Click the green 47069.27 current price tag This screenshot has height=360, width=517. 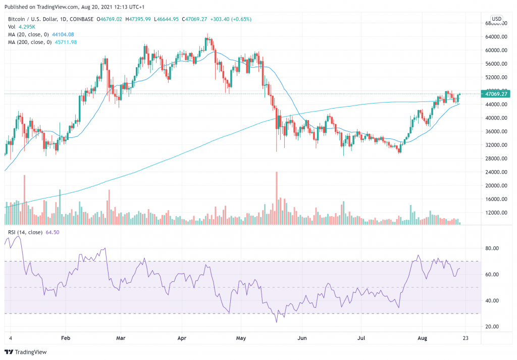(496, 94)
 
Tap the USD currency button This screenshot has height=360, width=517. (497, 19)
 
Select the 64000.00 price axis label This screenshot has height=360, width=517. (496, 36)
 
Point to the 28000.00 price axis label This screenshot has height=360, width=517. (496, 158)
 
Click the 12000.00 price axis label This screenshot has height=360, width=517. (496, 213)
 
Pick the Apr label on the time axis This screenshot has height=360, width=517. (182, 338)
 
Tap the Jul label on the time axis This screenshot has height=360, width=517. (361, 338)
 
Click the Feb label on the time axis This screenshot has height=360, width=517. (66, 338)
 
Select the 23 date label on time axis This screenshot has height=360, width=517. (466, 338)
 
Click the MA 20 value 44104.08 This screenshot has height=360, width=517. (63, 35)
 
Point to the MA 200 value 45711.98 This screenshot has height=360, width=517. (66, 42)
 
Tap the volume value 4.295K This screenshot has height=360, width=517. (27, 27)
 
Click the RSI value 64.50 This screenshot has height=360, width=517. (53, 232)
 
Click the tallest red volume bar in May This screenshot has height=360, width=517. (277, 198)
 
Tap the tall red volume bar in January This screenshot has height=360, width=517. (24, 200)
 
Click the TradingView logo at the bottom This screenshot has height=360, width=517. (26, 352)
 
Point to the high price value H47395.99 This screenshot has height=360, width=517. (138, 19)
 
